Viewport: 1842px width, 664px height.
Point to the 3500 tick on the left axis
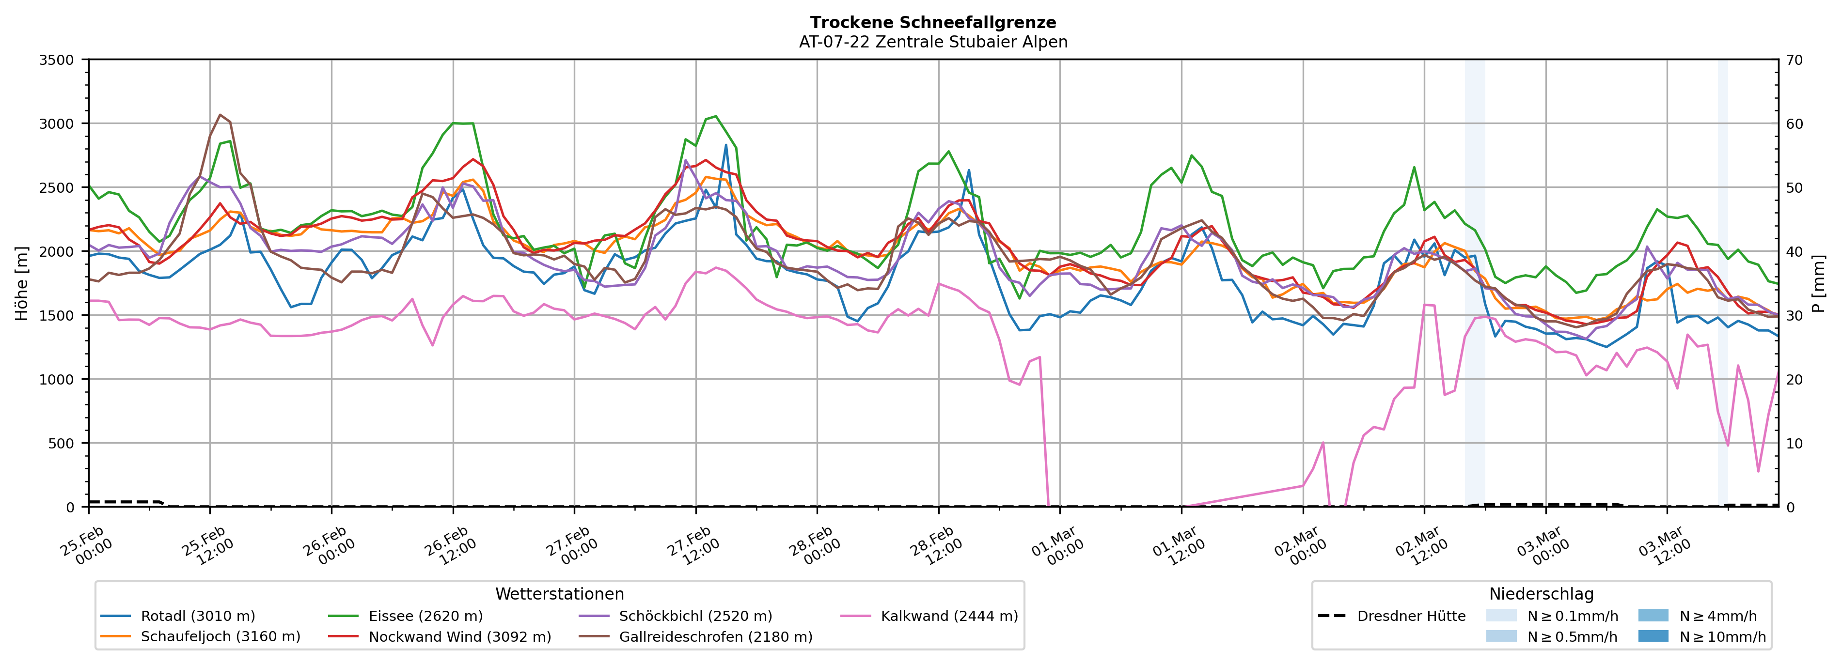57,60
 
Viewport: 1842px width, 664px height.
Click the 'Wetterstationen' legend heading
559,594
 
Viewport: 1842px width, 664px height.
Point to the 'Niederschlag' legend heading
1541,594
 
